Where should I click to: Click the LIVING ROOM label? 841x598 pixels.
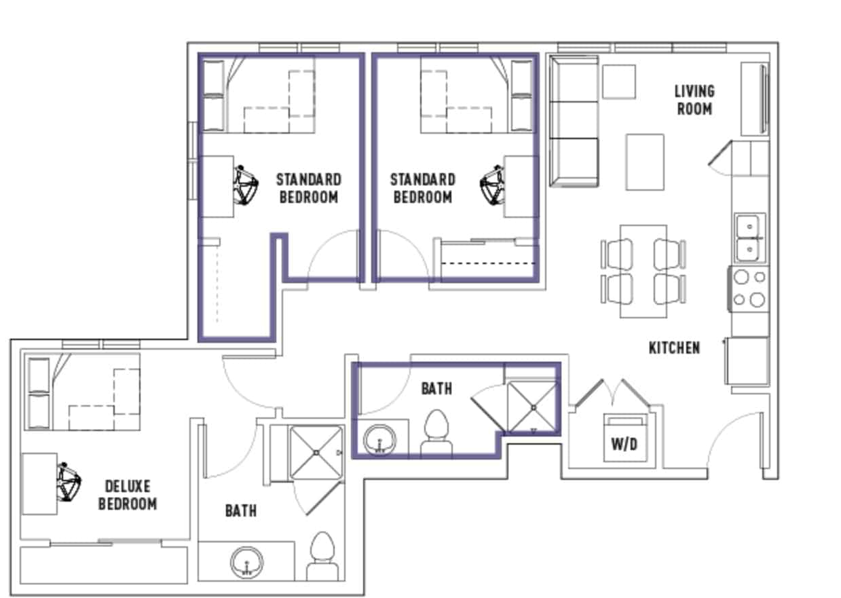tap(694, 100)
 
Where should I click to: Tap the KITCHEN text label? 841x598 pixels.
tap(674, 348)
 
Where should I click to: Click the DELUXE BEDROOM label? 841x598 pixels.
tap(128, 495)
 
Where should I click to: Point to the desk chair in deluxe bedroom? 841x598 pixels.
tap(69, 483)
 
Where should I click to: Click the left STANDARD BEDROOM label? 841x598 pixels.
tap(308, 188)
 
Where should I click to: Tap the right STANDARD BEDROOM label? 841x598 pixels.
tap(422, 188)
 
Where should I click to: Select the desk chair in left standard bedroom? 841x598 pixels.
tap(246, 185)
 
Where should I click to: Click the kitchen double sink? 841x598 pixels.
tap(750, 238)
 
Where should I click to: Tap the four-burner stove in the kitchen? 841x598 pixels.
tap(749, 288)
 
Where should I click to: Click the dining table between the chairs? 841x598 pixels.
tap(643, 272)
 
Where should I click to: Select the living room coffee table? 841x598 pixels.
tap(644, 162)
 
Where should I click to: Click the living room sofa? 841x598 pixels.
tap(573, 121)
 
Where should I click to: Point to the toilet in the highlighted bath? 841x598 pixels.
tap(438, 433)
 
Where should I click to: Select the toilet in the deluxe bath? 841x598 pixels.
tap(322, 555)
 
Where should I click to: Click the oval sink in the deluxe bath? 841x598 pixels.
tap(246, 562)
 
